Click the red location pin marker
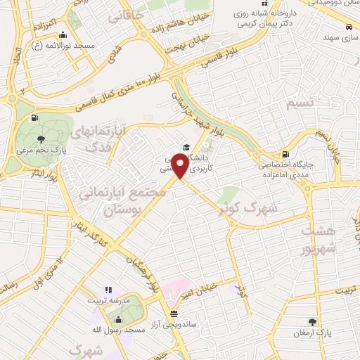coord(181,166)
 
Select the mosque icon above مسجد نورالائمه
coord(64,35)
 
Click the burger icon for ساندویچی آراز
coord(174,313)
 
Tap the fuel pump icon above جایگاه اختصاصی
coord(285,155)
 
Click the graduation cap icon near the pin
coord(186,148)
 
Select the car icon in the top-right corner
coord(349,26)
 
